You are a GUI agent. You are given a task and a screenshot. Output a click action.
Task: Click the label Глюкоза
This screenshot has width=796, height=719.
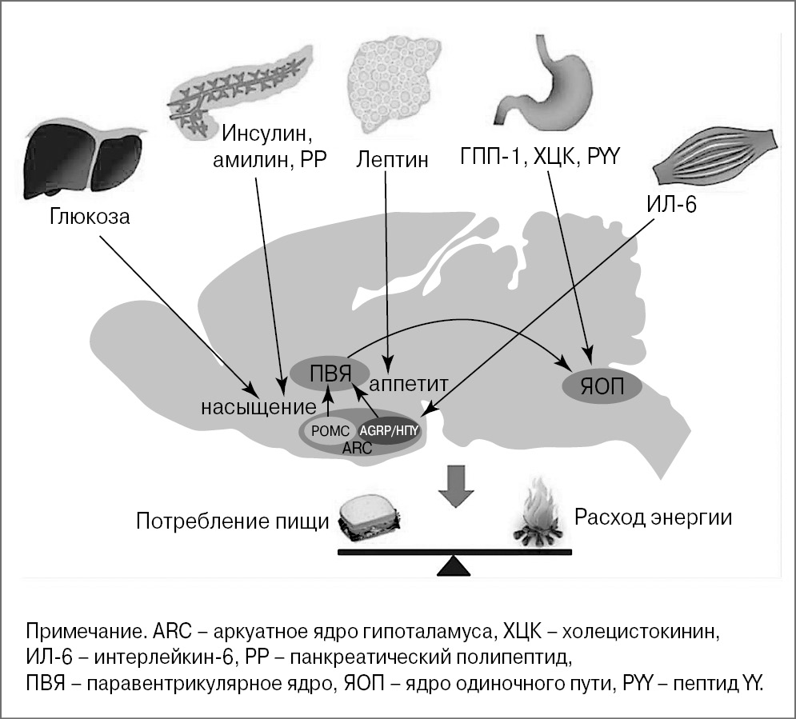(x=89, y=217)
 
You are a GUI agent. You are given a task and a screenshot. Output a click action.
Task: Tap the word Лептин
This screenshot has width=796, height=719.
(x=391, y=159)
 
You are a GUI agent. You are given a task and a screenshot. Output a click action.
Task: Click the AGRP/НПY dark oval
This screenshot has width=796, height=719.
(x=388, y=429)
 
